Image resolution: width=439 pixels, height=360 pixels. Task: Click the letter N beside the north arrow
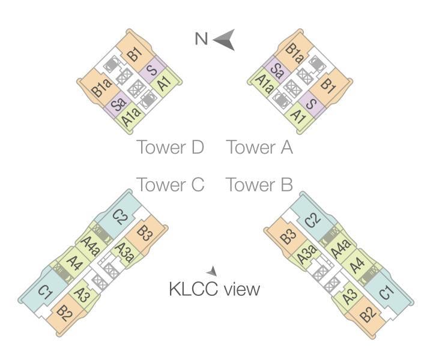(201, 39)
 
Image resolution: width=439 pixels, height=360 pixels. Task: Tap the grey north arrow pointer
(223, 40)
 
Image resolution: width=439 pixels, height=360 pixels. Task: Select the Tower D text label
(170, 147)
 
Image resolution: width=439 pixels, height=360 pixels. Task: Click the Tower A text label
(259, 147)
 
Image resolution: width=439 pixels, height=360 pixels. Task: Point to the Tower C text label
(170, 185)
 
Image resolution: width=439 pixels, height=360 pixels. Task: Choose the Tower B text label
(259, 185)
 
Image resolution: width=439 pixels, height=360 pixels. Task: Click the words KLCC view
(214, 289)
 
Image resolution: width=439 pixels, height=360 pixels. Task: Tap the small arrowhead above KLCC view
(211, 271)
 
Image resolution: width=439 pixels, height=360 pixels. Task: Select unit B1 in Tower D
(135, 54)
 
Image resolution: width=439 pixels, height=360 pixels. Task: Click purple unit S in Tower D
(153, 70)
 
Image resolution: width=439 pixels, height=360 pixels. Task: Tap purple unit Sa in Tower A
(277, 69)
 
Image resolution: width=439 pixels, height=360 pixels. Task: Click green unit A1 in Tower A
(296, 114)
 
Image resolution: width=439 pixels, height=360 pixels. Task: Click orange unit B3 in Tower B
(289, 236)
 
